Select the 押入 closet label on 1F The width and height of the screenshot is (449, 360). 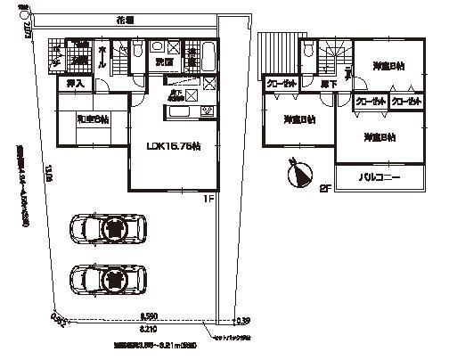(77, 84)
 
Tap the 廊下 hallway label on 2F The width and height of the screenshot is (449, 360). (328, 83)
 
